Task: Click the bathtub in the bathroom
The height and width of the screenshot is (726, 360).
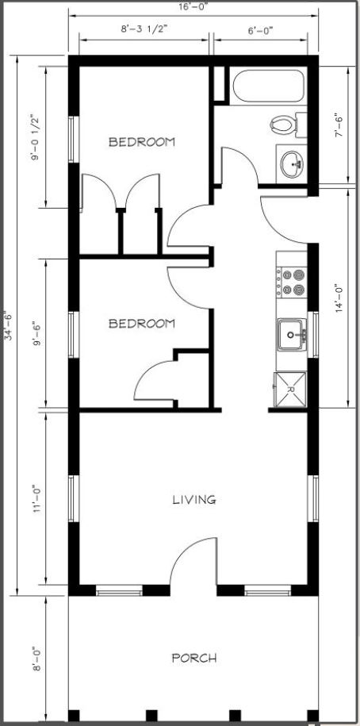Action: click(268, 86)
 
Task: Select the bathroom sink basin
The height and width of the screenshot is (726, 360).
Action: click(292, 163)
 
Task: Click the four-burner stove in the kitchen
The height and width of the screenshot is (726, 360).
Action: click(292, 282)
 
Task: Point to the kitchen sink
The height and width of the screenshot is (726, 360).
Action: click(292, 334)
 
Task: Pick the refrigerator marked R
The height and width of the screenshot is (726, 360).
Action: click(290, 390)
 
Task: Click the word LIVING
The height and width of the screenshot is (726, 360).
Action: click(194, 500)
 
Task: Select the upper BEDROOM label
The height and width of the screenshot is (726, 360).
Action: click(142, 142)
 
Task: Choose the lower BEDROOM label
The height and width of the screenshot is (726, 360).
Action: click(142, 323)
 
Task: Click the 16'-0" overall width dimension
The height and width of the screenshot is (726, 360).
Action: click(193, 7)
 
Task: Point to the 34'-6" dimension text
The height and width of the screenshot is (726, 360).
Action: click(9, 325)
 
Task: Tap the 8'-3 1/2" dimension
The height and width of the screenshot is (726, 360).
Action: click(144, 29)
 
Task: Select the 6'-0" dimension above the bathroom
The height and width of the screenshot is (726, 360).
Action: click(261, 31)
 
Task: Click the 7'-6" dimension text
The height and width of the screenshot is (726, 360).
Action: click(339, 125)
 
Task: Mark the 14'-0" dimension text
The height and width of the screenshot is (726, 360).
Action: click(339, 298)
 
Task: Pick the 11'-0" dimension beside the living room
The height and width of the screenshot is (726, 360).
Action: click(37, 498)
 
